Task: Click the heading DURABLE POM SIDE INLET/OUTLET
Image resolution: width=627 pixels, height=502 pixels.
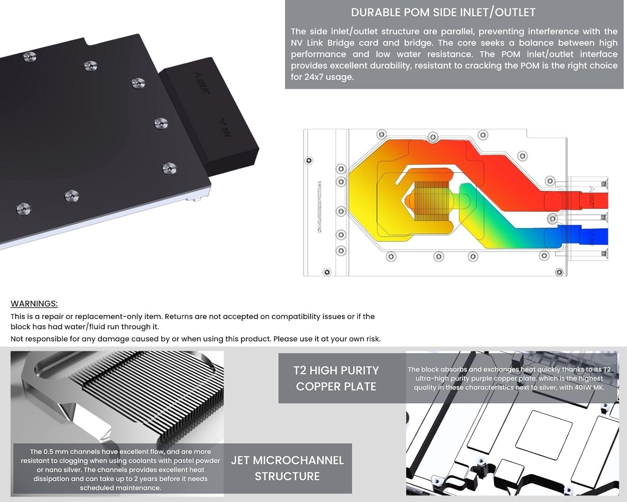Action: click(x=443, y=13)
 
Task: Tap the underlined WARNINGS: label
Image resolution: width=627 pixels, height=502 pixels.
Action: click(x=34, y=304)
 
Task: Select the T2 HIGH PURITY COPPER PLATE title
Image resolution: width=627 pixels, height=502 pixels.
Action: click(x=336, y=378)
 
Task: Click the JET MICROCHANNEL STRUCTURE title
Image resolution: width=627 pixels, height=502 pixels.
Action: click(x=287, y=468)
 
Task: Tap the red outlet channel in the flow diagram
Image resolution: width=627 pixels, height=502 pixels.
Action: click(x=594, y=200)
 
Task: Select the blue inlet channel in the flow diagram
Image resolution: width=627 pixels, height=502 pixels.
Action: click(x=594, y=236)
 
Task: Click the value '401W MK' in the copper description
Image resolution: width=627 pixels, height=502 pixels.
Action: click(x=589, y=387)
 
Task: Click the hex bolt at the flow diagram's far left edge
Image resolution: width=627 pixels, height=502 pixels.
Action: click(x=309, y=161)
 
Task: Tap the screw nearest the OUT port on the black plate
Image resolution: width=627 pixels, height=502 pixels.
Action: click(x=138, y=83)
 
